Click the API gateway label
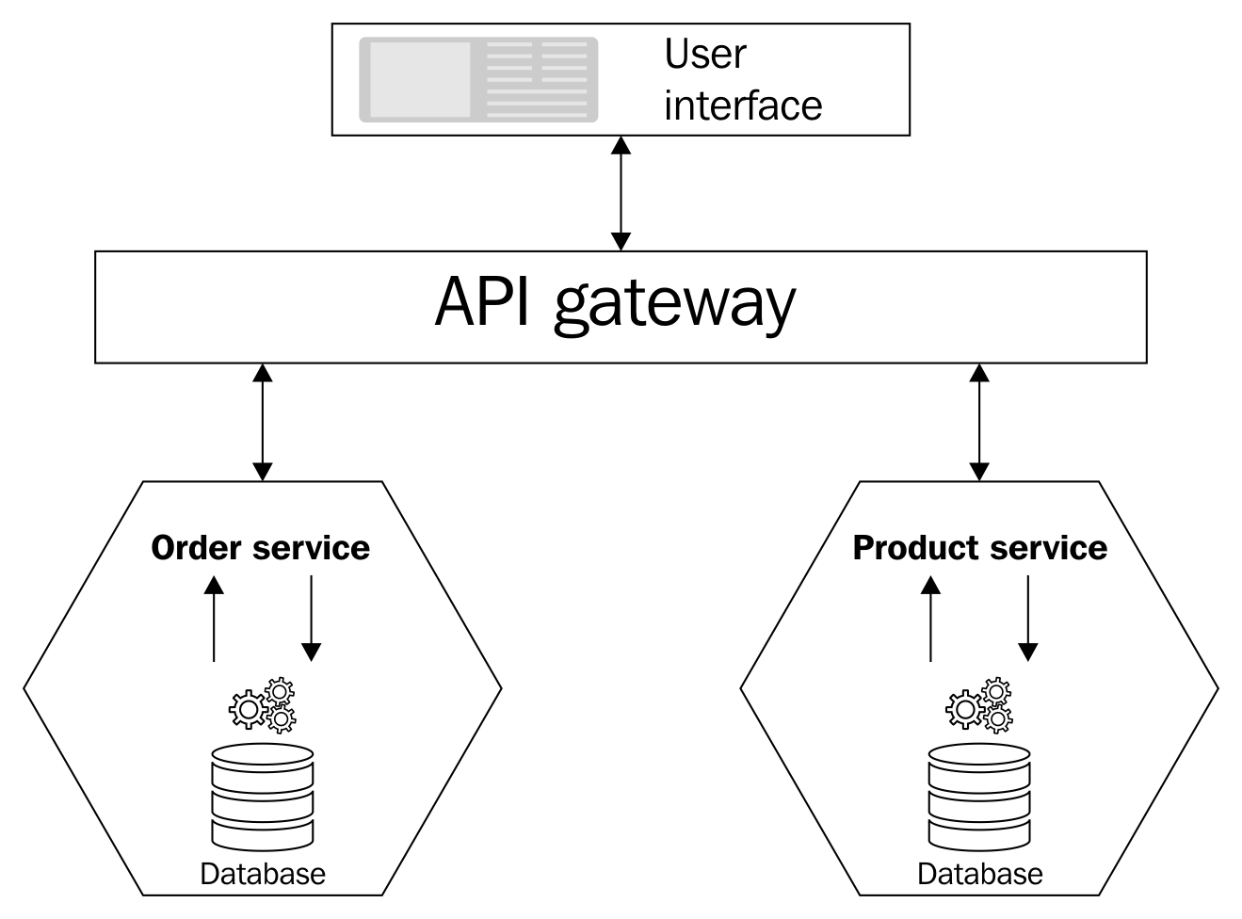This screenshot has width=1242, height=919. click(615, 304)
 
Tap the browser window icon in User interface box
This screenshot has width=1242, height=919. click(478, 80)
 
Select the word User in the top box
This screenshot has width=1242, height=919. click(704, 55)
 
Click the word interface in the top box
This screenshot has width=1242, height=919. click(742, 105)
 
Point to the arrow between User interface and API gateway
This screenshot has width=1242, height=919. click(621, 193)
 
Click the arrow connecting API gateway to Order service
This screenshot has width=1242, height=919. click(263, 422)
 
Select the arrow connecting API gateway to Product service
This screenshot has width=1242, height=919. click(980, 422)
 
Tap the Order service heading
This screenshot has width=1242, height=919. click(260, 548)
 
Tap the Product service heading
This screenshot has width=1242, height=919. click(979, 548)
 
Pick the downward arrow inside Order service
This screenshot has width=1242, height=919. click(312, 618)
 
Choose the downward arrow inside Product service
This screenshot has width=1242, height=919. click(1028, 618)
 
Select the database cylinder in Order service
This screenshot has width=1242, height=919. click(263, 796)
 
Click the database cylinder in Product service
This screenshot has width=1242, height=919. click(979, 796)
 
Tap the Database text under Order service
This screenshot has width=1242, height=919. click(263, 874)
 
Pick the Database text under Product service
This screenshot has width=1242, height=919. click(979, 874)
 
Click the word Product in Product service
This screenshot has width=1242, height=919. click(911, 548)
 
